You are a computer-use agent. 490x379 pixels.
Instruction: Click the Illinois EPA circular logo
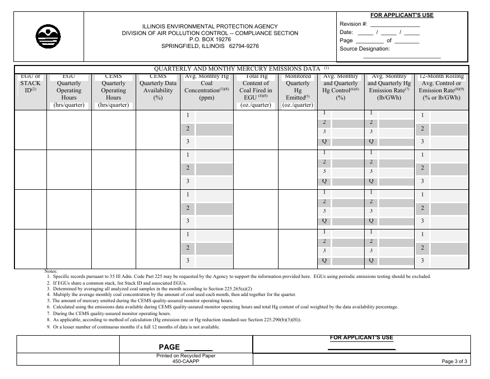[x=48, y=37]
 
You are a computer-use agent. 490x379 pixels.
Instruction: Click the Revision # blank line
[x=395, y=25]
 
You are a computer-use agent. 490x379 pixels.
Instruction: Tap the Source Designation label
[x=365, y=49]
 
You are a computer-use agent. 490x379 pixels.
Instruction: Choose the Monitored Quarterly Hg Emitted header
[x=298, y=90]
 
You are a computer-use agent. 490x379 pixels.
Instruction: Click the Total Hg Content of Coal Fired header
[x=256, y=90]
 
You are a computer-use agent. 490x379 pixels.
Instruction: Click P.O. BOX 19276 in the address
[x=210, y=39]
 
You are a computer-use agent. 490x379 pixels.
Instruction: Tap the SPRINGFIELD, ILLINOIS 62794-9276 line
[x=210, y=46]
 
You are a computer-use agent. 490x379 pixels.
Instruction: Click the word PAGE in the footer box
[x=169, y=347]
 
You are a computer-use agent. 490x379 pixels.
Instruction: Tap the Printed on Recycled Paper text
[x=186, y=356]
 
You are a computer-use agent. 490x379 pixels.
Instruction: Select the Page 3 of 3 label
[x=454, y=361]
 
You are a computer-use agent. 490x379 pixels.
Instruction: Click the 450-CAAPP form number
[x=186, y=361]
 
